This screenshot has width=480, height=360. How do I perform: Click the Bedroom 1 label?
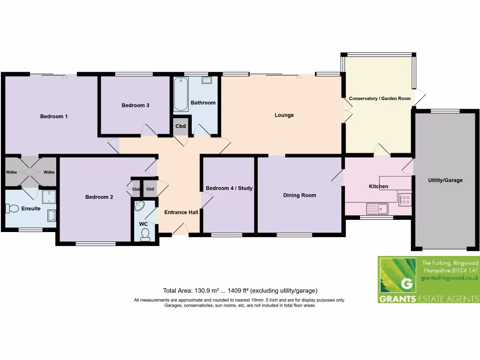tap(53, 116)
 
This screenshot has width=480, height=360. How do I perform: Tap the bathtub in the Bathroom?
tap(180, 94)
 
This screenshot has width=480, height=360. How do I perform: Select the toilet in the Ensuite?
tap(12, 208)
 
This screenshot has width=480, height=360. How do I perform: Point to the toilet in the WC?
tap(145, 233)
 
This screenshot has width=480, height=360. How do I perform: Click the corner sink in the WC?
tap(139, 206)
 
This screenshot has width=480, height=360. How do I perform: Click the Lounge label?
tap(284, 115)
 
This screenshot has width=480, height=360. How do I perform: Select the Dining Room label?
tap(299, 195)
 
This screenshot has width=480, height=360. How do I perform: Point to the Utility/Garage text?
tap(445, 180)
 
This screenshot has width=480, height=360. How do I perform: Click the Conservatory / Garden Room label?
tap(380, 98)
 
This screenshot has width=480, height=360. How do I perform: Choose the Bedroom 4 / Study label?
tap(229, 188)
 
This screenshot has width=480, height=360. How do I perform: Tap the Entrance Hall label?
tap(181, 212)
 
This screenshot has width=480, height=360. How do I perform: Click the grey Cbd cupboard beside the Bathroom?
tap(180, 126)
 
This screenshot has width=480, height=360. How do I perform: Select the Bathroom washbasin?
tap(207, 81)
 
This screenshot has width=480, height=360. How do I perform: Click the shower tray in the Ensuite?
tap(48, 196)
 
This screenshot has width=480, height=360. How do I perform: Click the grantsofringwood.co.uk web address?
tap(449, 278)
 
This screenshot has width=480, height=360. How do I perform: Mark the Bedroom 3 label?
tap(135, 105)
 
